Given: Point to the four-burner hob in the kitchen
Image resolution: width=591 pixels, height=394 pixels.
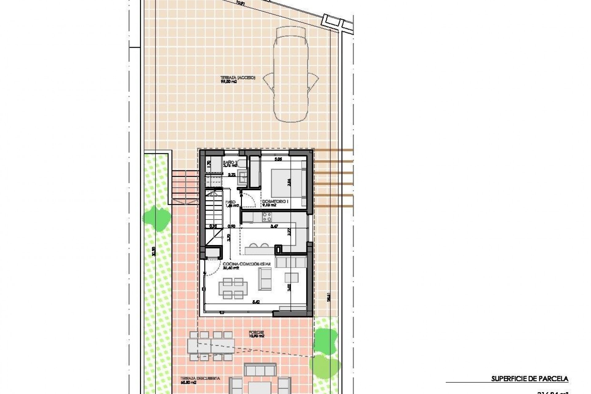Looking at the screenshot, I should [267, 217].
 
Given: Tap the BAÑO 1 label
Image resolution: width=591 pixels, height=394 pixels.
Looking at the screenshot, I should [230, 164].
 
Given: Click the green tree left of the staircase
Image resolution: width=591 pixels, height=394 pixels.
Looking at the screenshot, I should [154, 218].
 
